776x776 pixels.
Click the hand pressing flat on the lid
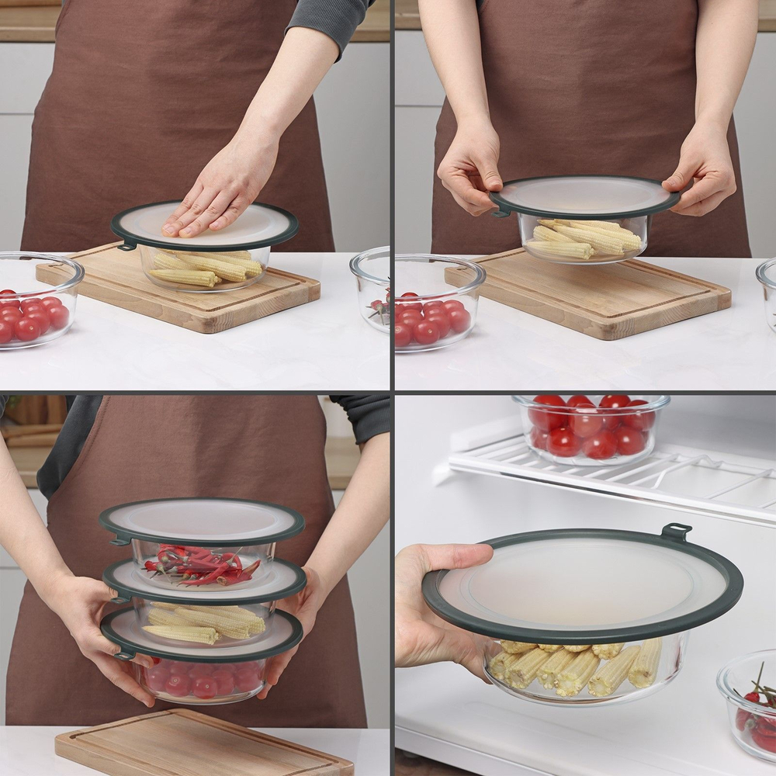[221, 194]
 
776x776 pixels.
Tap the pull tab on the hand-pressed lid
[126, 246]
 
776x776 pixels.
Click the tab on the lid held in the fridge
[675, 532]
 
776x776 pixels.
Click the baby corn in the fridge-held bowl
[574, 667]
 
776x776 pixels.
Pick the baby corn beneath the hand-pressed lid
[206, 268]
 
